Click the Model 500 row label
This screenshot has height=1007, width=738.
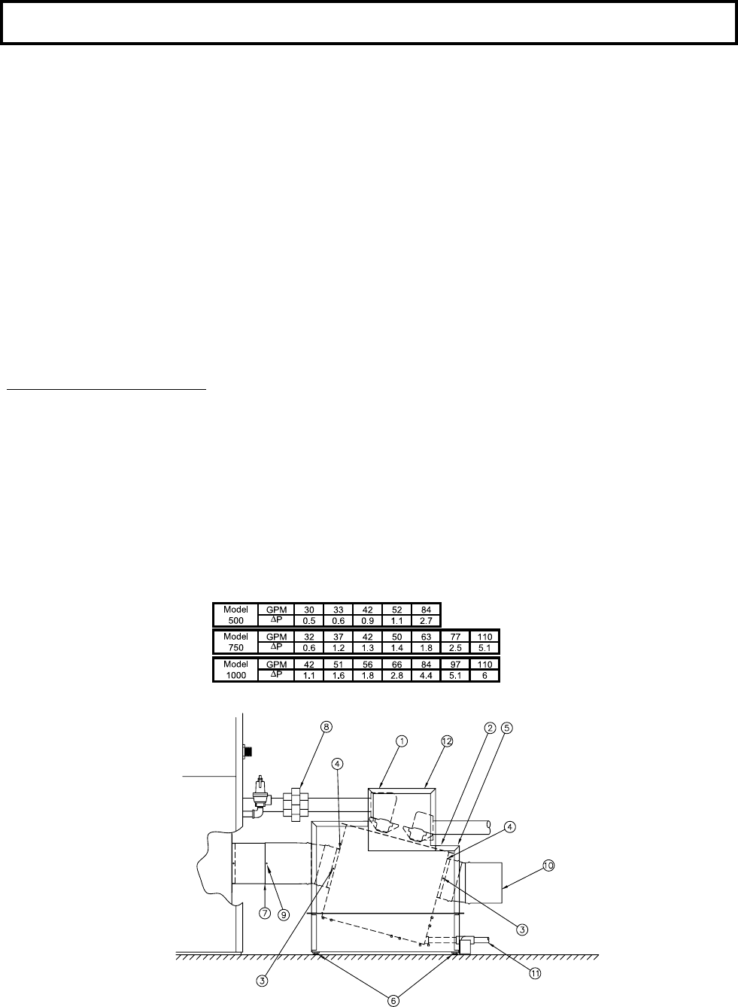click(235, 615)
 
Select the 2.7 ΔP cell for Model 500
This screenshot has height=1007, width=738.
click(426, 621)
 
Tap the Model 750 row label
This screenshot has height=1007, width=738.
click(235, 642)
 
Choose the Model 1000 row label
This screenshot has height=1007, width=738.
click(235, 670)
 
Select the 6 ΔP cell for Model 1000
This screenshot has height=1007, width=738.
click(484, 676)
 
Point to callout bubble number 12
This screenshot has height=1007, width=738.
click(446, 741)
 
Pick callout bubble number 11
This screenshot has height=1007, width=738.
click(536, 973)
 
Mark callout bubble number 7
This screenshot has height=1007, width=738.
click(265, 913)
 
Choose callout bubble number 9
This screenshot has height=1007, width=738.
click(283, 913)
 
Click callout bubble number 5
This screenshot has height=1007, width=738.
click(508, 728)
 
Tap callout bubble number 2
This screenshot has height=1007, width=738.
click(490, 728)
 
